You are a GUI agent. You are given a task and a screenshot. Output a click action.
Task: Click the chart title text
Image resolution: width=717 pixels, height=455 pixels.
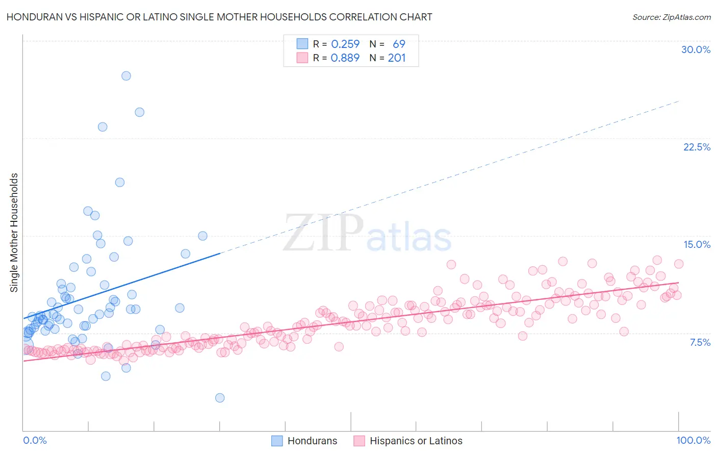tap(219, 17)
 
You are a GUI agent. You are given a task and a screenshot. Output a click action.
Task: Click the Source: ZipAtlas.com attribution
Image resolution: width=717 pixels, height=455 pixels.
tap(671, 17)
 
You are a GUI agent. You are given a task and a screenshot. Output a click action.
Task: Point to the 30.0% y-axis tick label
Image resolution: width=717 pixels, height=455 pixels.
tap(696, 49)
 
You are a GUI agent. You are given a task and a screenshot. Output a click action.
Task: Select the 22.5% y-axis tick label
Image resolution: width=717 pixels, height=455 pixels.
tap(697, 147)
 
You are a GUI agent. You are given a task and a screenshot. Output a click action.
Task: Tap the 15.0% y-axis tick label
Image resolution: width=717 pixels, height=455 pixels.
tap(697, 244)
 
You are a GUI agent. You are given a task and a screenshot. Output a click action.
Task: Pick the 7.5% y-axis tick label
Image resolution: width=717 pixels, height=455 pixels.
tap(700, 342)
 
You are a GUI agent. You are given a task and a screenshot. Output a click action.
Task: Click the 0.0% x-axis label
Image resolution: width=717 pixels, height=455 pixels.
tap(35, 440)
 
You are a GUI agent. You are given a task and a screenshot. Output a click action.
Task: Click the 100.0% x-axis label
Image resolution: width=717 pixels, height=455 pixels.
tap(693, 440)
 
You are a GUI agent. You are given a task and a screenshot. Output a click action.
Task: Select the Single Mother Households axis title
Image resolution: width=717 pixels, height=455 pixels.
tap(14, 233)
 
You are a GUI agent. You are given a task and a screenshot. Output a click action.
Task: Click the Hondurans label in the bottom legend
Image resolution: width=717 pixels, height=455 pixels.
tap(312, 441)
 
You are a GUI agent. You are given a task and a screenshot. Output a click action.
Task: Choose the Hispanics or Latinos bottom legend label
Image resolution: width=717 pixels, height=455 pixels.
tap(416, 441)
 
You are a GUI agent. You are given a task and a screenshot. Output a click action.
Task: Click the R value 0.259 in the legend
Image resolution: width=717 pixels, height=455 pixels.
tap(345, 44)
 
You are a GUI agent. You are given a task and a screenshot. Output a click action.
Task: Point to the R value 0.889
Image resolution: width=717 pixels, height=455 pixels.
tap(345, 58)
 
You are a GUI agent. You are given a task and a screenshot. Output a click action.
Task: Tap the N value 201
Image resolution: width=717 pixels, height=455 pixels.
tap(397, 58)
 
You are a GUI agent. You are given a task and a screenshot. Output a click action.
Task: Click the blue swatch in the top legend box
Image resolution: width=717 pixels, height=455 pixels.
tap(302, 44)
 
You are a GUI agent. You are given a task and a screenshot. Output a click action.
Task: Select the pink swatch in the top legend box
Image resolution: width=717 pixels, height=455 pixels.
tap(302, 58)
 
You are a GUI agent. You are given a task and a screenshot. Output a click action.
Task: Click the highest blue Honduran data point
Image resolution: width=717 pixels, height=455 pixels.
tap(126, 76)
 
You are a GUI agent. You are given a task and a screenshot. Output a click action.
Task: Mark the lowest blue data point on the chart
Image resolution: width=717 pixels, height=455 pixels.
tap(220, 398)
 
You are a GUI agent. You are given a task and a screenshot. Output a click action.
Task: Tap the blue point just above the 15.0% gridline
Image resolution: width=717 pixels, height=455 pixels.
tap(202, 236)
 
